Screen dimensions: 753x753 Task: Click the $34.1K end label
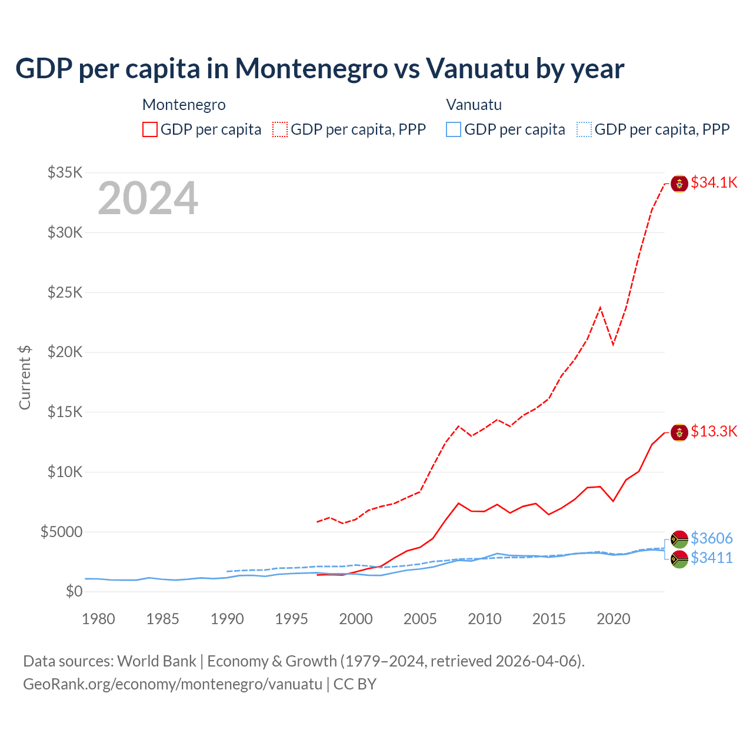tap(714, 182)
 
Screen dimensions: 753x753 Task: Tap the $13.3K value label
tap(714, 431)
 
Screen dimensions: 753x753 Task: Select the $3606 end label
tap(711, 538)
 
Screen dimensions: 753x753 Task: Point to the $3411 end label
tap(711, 558)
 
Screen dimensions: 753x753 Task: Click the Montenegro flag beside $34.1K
tap(679, 184)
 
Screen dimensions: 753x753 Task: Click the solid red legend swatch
tap(150, 129)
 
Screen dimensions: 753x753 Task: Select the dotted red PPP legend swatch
tap(280, 129)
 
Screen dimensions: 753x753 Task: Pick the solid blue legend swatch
tap(454, 129)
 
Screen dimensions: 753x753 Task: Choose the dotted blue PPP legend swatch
tap(584, 129)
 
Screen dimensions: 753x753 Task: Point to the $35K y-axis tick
tap(65, 172)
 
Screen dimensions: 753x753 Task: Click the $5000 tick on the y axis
tap(61, 532)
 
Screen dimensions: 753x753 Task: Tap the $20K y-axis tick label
tap(65, 352)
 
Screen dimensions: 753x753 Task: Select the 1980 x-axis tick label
tap(98, 619)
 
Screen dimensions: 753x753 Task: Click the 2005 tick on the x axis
tap(420, 619)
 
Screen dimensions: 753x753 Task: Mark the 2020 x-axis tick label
tap(614, 619)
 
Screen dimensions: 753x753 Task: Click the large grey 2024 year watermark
tap(148, 198)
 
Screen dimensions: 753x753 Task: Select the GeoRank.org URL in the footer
tap(172, 684)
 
